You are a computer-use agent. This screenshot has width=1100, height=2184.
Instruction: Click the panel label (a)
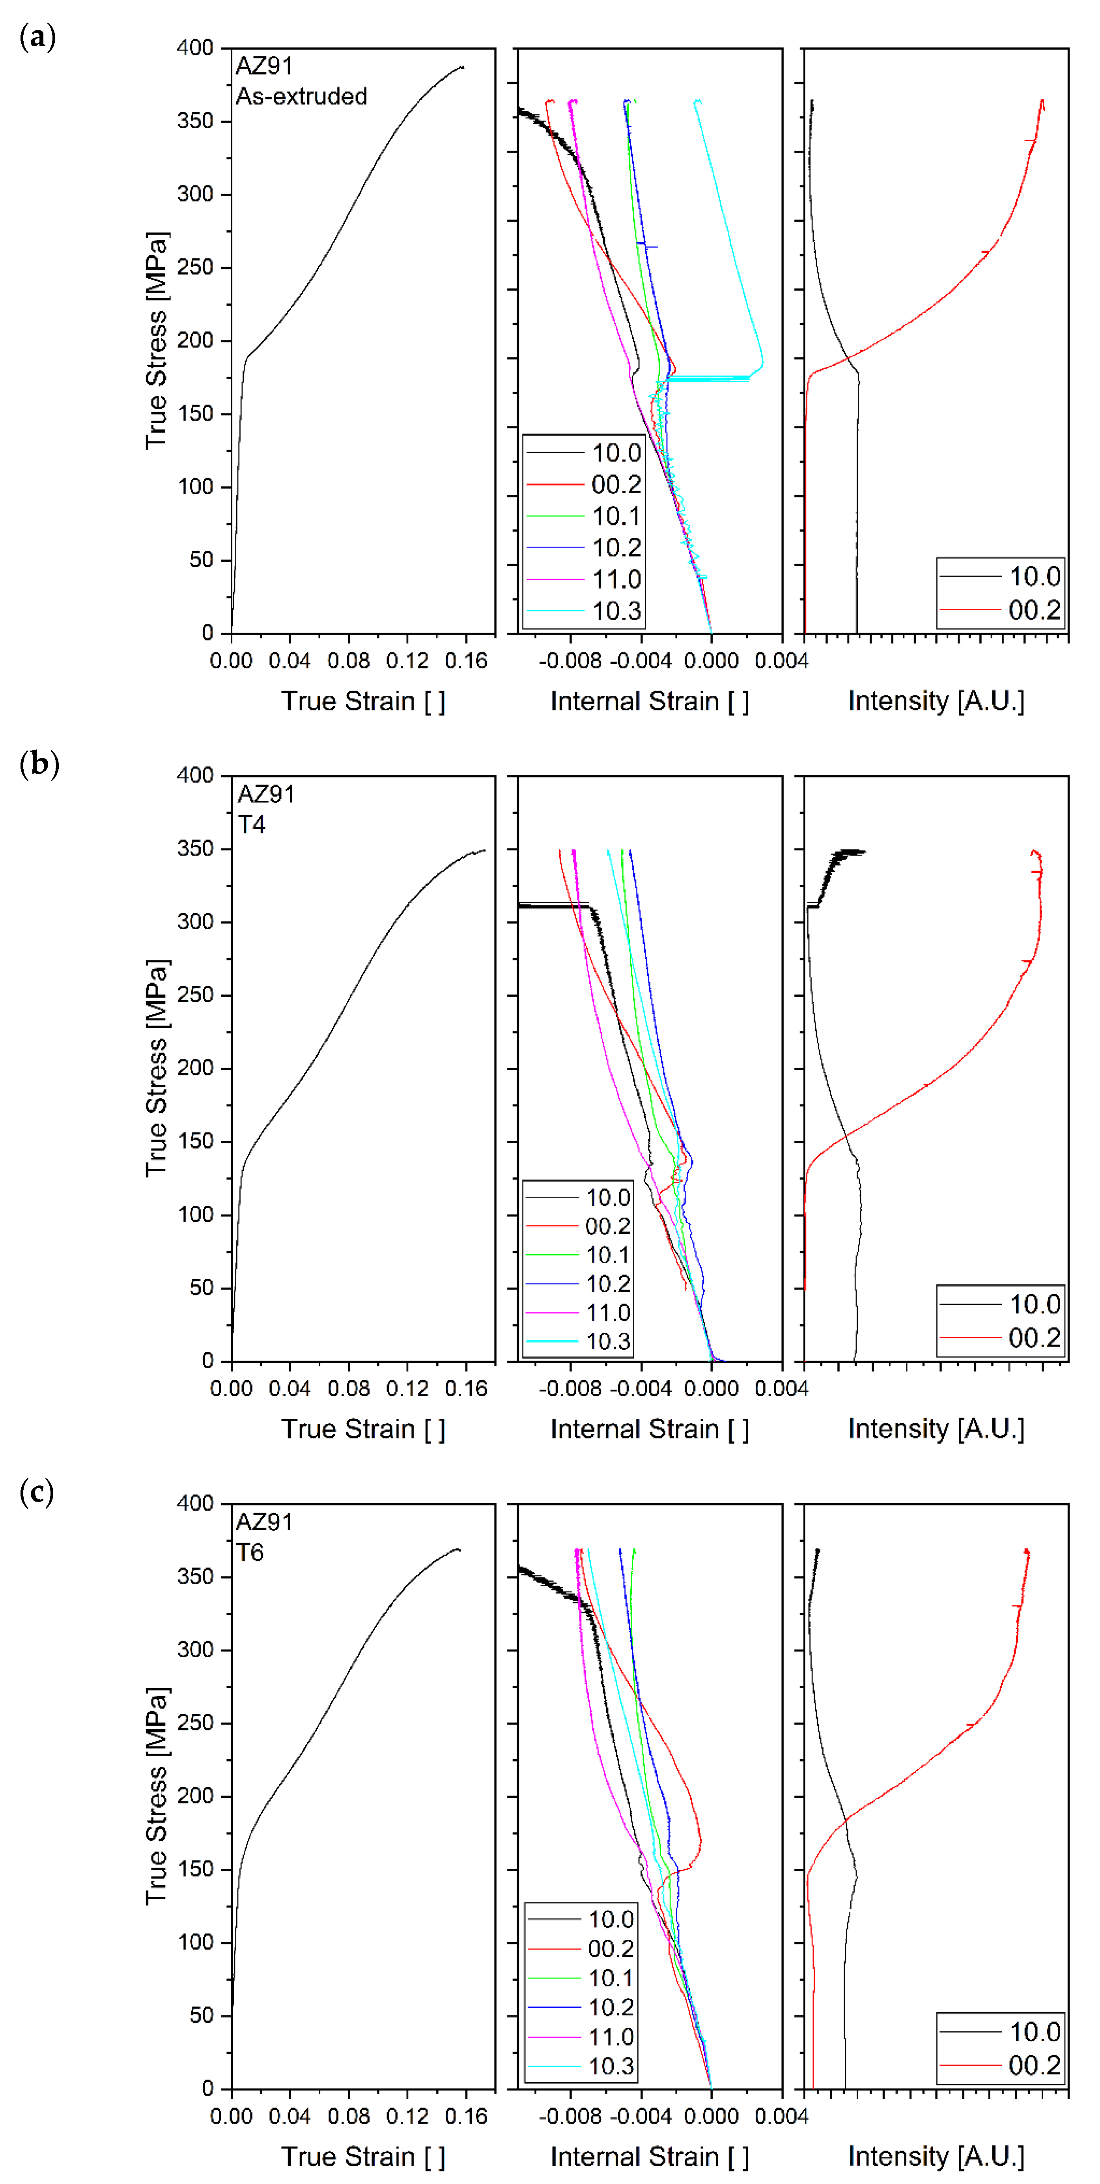[37, 37]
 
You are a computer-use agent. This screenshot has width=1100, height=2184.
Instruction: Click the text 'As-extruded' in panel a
[301, 97]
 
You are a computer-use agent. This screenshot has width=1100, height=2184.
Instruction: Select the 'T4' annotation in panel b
[252, 824]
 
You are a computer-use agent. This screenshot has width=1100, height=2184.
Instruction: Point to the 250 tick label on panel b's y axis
[195, 994]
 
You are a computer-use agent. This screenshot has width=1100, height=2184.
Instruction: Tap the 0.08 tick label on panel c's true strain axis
[348, 2116]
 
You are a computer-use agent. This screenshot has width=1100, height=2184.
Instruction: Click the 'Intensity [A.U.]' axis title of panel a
[936, 701]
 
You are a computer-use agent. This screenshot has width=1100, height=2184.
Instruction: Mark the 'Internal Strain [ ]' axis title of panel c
[649, 2156]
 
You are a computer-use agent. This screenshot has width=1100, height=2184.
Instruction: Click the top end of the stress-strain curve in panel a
[462, 67]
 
